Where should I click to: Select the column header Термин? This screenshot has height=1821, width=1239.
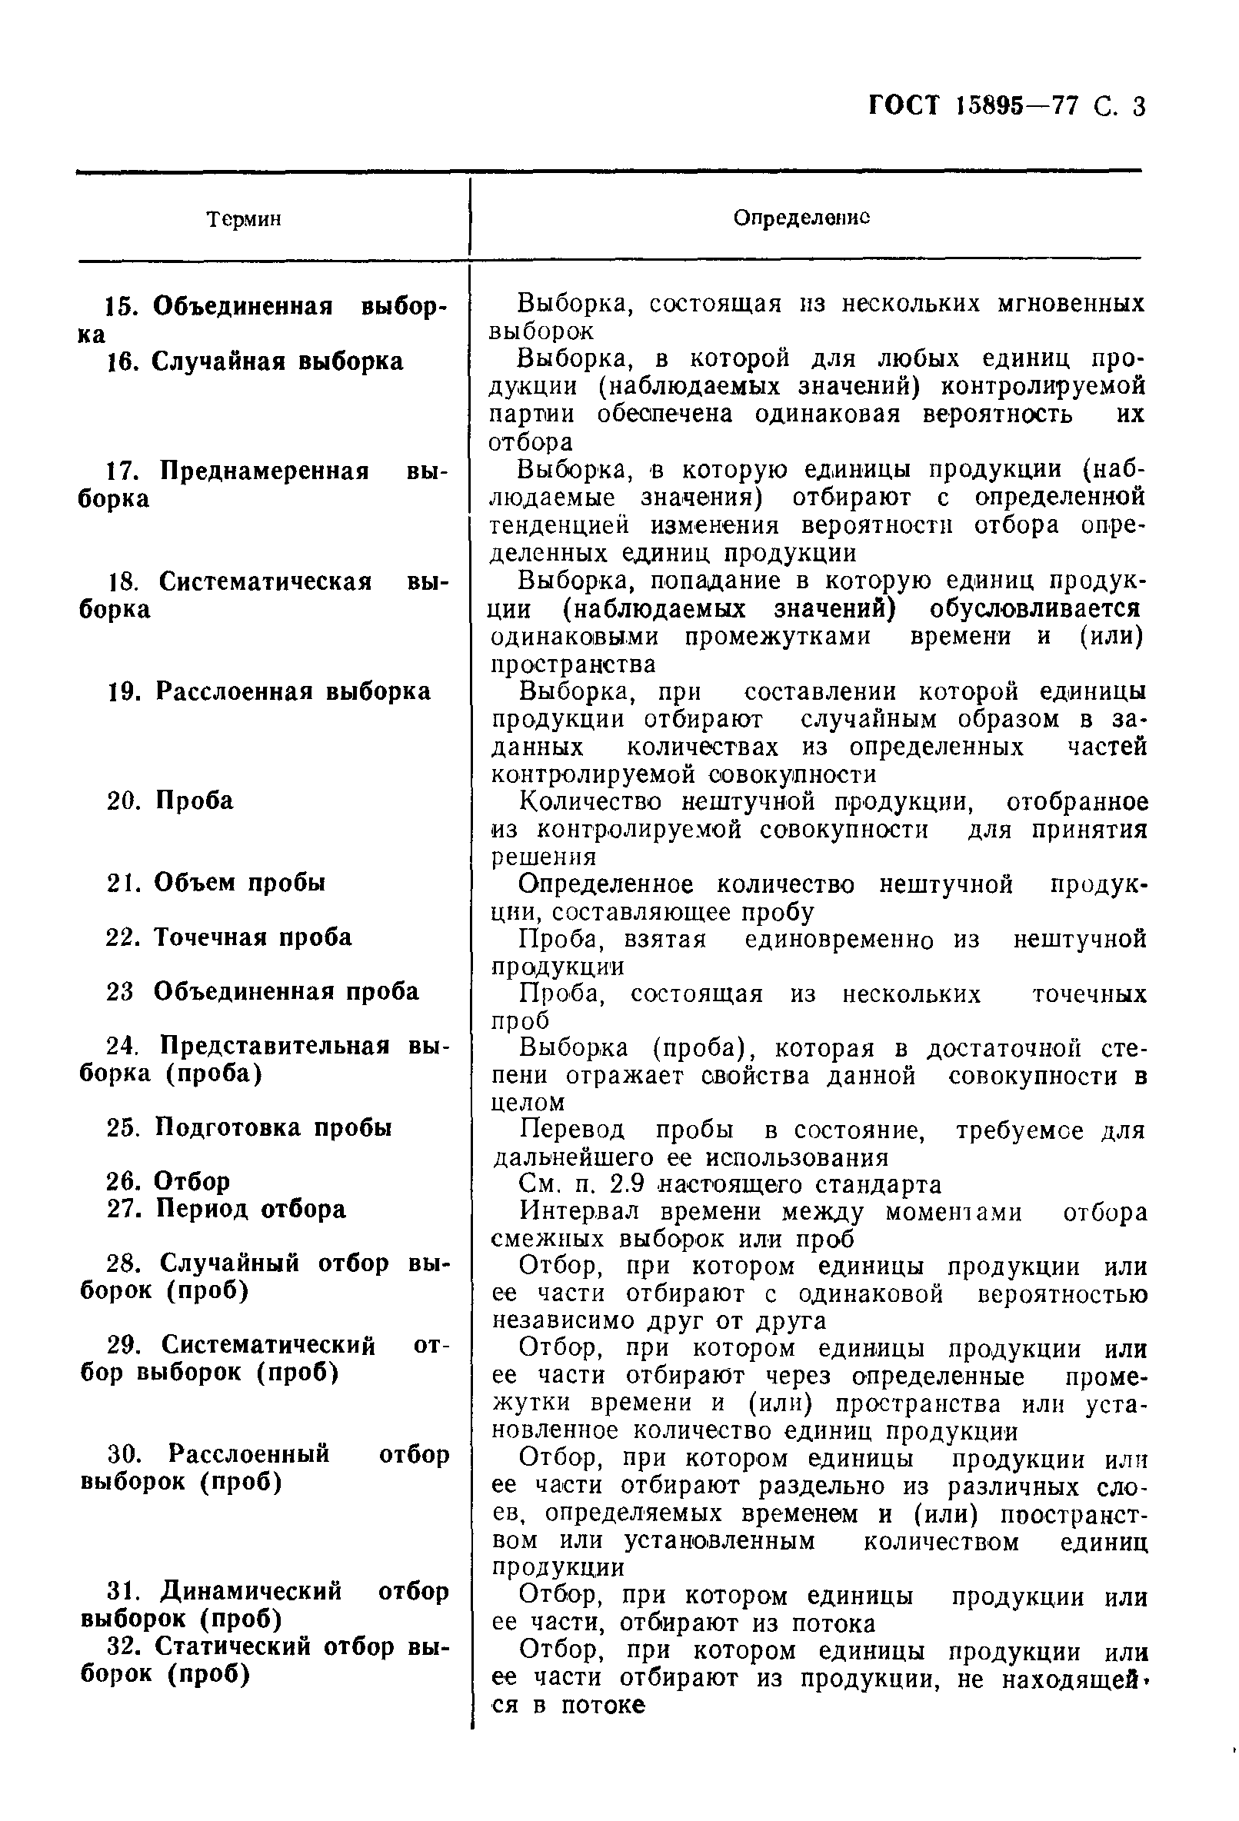click(x=244, y=218)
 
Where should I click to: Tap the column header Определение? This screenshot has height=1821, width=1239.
click(x=801, y=217)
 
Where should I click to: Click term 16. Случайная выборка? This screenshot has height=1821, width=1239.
click(x=255, y=362)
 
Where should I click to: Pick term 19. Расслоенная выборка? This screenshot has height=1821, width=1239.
click(x=269, y=691)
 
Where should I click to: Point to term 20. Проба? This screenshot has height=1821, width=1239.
click(x=170, y=801)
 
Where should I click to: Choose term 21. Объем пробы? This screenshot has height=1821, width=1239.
click(x=215, y=882)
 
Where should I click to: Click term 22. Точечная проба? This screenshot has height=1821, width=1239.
click(x=229, y=937)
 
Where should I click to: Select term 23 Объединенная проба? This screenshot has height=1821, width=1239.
click(x=262, y=991)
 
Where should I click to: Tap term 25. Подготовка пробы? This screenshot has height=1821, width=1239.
click(x=249, y=1127)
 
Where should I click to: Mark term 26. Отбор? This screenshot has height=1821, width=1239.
click(x=168, y=1181)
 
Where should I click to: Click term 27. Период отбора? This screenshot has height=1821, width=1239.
click(x=225, y=1209)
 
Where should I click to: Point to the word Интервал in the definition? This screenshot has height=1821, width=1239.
click(x=579, y=1211)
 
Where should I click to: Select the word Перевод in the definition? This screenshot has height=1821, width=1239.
click(x=572, y=1130)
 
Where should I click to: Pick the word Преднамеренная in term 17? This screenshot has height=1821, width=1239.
click(x=264, y=471)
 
